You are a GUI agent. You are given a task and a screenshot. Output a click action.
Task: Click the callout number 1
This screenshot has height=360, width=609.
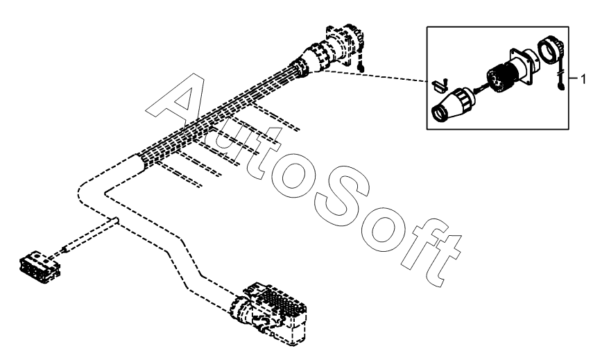click(x=583, y=79)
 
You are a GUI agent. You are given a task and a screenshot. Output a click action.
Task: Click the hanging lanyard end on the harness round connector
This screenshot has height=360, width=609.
click(x=361, y=67)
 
